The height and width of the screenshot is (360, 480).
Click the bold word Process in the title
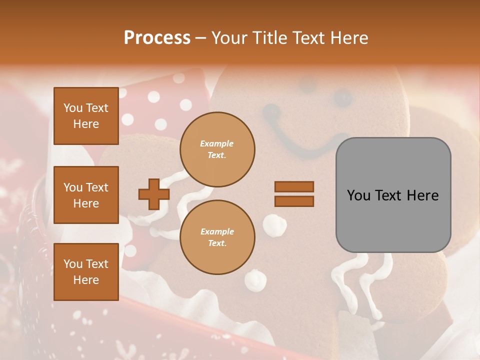pos(157,38)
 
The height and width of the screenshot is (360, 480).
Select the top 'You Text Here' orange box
pos(86,116)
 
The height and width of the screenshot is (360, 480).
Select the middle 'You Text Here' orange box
pos(86,195)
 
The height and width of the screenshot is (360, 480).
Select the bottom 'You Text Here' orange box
pos(86,271)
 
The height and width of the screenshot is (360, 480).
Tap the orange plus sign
pos(153,194)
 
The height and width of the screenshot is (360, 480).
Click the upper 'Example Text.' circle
pos(217,149)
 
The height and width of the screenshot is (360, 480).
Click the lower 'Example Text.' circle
pos(217,237)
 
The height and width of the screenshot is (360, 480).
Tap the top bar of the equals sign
pos(294,187)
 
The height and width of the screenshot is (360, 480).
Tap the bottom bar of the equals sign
pos(294,201)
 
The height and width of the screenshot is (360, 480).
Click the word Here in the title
pos(348,38)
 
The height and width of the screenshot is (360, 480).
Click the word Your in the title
pos(229,38)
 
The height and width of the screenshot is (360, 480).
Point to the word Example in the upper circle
pos(217,144)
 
